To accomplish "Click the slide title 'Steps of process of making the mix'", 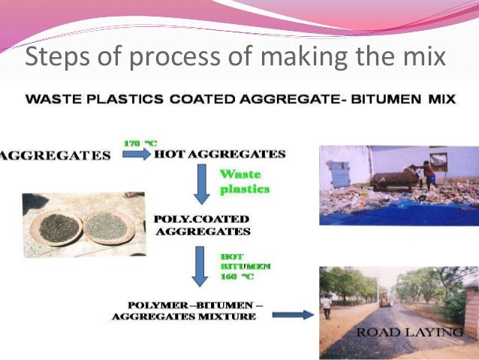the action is pyautogui.click(x=235, y=57).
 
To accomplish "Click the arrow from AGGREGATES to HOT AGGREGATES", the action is pyautogui.click(x=136, y=155).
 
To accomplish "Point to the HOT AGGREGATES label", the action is pyautogui.click(x=219, y=155).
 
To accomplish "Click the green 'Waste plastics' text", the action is pyautogui.click(x=243, y=182).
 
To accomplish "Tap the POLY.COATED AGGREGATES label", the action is pyautogui.click(x=202, y=225).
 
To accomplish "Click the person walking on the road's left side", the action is pyautogui.click(x=327, y=305).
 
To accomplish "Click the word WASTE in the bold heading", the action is pyautogui.click(x=55, y=99).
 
